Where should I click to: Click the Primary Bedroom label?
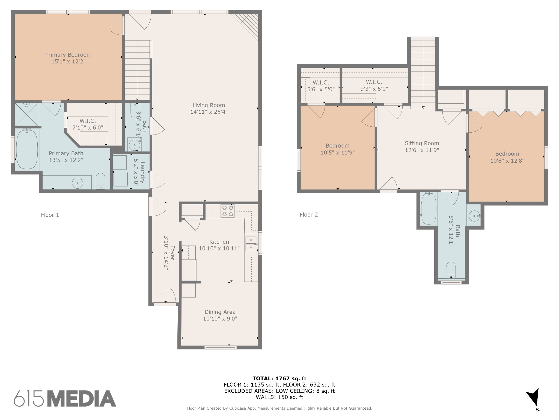68,55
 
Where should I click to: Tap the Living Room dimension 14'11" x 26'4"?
209,112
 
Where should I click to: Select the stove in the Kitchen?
228,211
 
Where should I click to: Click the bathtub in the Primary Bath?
27,149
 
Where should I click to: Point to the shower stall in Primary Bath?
26,114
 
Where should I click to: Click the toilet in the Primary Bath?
101,181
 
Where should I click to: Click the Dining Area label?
220,312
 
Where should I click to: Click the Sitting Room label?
422,143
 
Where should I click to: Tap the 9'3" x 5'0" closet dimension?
374,89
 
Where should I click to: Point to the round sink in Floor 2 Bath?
474,216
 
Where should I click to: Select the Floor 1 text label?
50,215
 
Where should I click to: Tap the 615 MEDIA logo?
65,398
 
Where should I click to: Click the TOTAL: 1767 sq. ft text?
279,378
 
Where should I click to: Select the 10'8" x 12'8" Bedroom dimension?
507,161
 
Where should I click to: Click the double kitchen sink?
251,244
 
